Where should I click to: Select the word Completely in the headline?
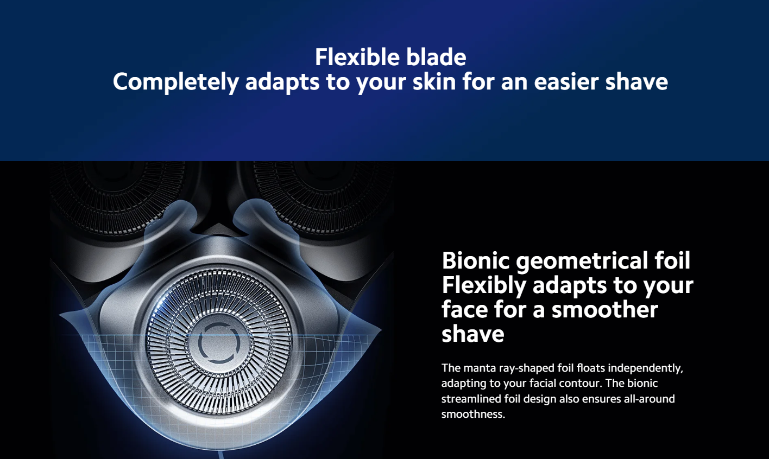click(175, 82)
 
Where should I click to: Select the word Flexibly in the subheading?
click(484, 286)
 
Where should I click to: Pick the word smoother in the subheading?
click(605, 309)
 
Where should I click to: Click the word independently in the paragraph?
click(645, 368)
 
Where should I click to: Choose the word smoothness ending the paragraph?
click(473, 415)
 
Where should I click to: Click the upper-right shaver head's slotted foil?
click(323, 192)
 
